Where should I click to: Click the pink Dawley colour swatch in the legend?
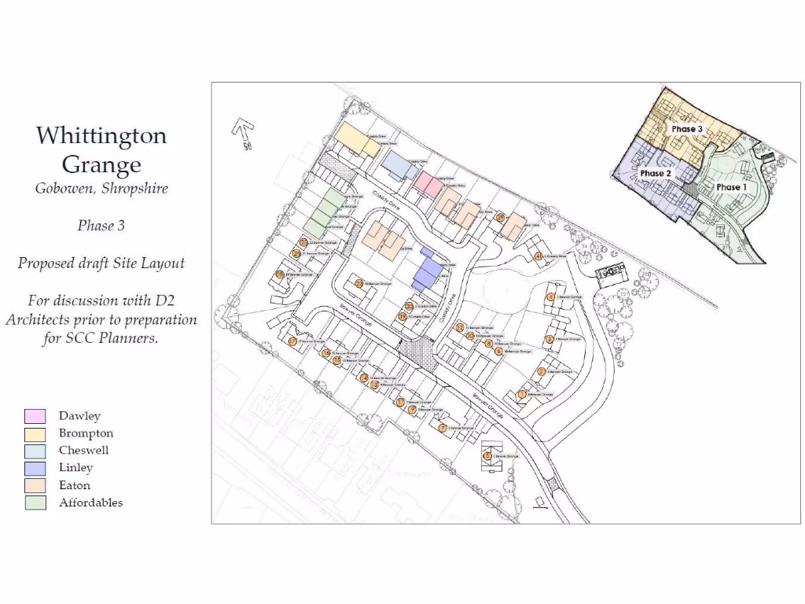pos(35,416)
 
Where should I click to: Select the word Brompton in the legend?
pos(86,433)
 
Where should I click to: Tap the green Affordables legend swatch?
pos(35,503)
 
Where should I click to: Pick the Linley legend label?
pos(75,468)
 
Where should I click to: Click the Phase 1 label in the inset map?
pos(731,187)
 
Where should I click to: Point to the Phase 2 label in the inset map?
pos(656,173)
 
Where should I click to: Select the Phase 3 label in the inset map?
pos(687,128)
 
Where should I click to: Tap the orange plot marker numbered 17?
pos(292,341)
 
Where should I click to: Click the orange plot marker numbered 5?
pos(487,455)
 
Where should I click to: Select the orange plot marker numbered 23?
pos(358,284)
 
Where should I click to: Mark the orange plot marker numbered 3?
pos(550,339)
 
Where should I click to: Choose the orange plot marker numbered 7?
pos(443,428)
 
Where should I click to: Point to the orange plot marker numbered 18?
pos(279,274)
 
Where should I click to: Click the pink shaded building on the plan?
pos(428,184)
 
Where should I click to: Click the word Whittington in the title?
pos(101,136)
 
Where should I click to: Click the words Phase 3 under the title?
pos(101,226)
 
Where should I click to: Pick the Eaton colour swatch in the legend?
pos(35,485)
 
